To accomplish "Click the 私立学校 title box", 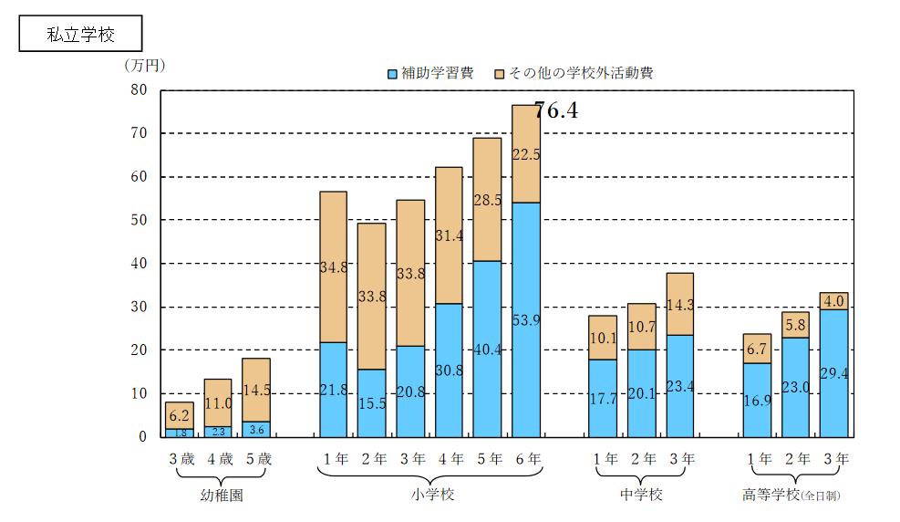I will coord(80,35).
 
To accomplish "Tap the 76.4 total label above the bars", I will coord(556,111).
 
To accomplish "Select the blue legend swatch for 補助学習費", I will coord(393,73).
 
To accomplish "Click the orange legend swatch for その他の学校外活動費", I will coord(500,73).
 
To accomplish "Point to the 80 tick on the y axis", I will coord(139,89).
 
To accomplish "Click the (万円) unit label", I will coord(144,65).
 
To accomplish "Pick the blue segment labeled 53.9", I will coord(525,319).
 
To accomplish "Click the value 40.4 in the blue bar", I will coord(487,350).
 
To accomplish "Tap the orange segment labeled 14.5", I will coord(256,390).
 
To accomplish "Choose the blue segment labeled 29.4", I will coord(834,372).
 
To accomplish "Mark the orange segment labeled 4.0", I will coord(834,301).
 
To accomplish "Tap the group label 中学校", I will coord(640,496).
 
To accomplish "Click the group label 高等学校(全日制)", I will coord(791,496).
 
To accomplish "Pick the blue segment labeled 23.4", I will coord(679,386).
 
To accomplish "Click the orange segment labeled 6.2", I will coord(180,415).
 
